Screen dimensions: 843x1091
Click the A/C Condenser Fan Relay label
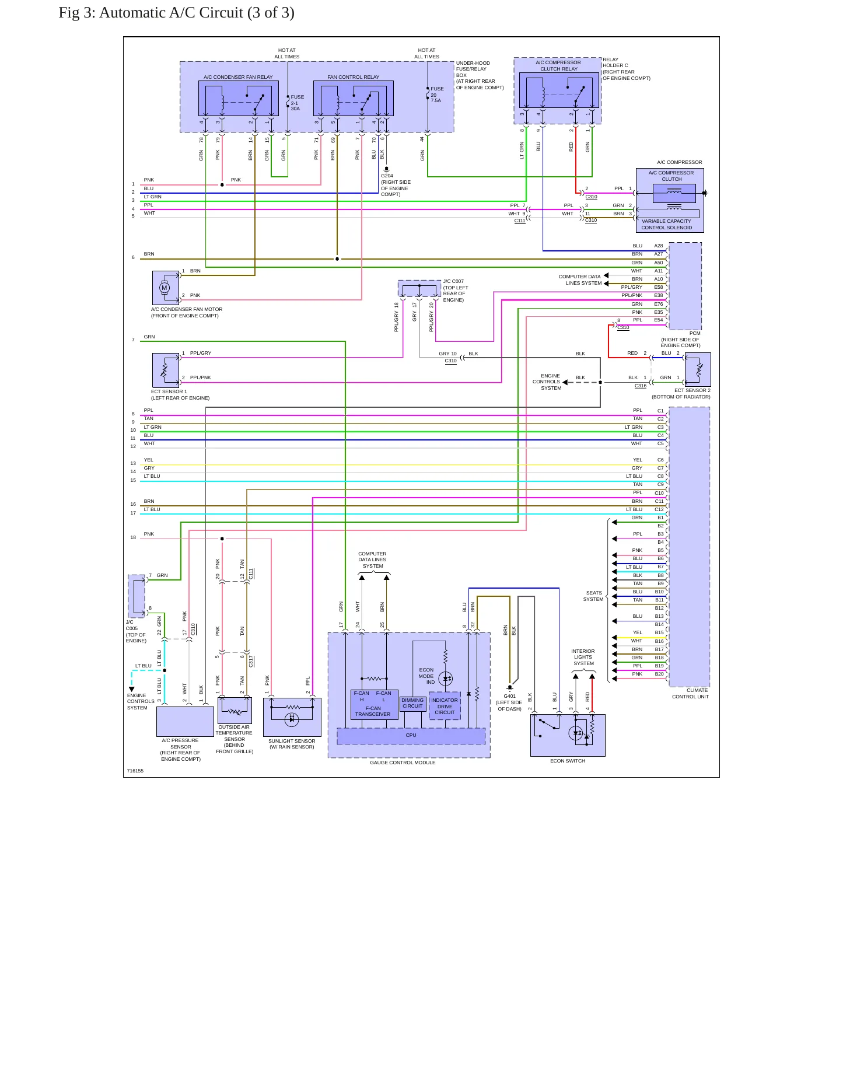238,77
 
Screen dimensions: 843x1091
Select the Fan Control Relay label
353,77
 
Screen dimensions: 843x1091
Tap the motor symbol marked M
165,287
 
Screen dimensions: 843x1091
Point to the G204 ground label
387,176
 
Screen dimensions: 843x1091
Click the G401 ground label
510,696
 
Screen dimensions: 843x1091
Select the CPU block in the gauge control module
411,736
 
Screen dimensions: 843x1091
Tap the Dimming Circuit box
412,704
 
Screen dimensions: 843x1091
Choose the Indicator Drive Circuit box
445,706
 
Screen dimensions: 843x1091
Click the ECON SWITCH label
568,761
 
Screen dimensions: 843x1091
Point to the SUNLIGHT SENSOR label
292,741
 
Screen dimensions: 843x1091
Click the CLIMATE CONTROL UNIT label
691,693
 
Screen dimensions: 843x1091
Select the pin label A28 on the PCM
658,246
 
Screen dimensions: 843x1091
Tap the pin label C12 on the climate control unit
659,509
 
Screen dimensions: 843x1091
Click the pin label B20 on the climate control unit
659,674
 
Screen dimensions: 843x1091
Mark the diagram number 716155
135,771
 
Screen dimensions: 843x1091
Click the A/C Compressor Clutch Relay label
558,65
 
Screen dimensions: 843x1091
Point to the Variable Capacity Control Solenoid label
666,224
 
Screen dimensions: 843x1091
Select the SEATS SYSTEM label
593,596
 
